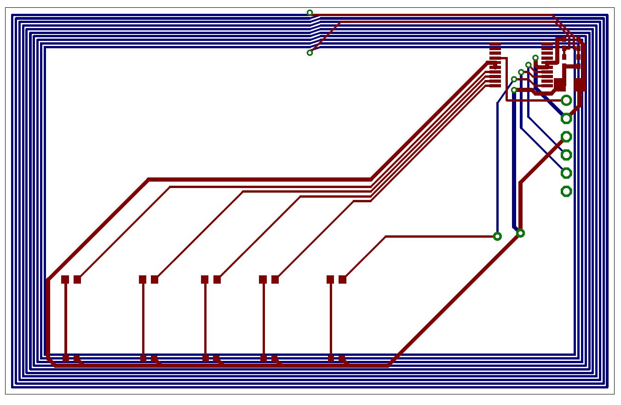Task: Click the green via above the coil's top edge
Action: [310, 13]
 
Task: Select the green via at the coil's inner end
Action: [310, 53]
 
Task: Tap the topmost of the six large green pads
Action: [566, 100]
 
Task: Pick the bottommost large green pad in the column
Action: [566, 191]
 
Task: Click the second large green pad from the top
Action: [566, 119]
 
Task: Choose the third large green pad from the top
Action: [566, 137]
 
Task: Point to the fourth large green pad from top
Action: [566, 155]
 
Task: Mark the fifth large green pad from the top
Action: [566, 173]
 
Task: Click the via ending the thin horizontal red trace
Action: [497, 236]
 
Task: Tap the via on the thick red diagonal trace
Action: [520, 234]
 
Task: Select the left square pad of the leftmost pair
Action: [65, 280]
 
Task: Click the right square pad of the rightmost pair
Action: [342, 280]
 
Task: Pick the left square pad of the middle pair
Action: [205, 280]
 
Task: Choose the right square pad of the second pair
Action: [155, 280]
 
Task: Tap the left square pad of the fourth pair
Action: [263, 280]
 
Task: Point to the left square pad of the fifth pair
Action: [330, 280]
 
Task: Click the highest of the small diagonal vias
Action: [535, 58]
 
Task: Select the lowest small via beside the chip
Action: [514, 90]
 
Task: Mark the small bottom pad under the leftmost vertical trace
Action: [65, 358]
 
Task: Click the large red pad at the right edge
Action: [580, 85]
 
